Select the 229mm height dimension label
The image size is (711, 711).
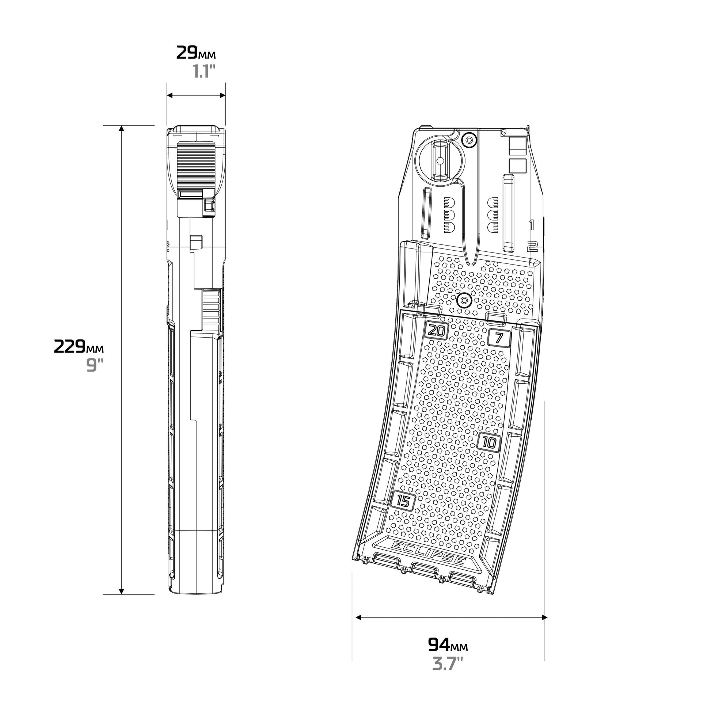point(79,346)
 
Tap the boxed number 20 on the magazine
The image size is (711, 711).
point(437,331)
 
